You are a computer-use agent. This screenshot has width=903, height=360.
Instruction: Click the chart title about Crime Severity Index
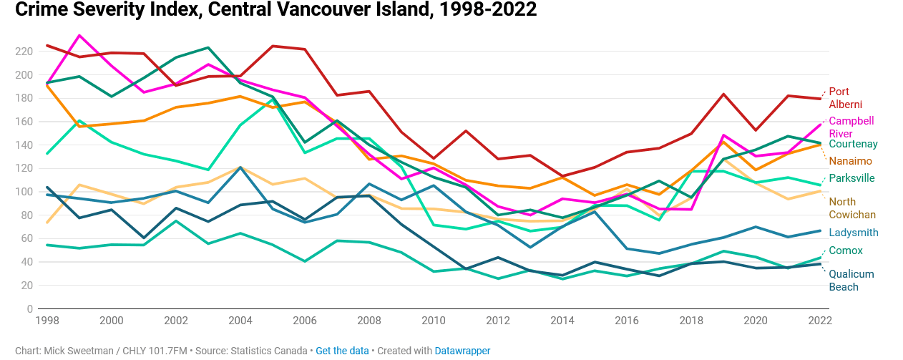pos(275,10)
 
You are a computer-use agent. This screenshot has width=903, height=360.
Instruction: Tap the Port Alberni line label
pos(845,98)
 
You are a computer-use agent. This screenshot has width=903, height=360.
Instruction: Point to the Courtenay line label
pos(853,144)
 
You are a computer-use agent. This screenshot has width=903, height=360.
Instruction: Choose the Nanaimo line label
pos(850,161)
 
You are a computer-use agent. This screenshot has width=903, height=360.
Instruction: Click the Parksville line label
pos(851,178)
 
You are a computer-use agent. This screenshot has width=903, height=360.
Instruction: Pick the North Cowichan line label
pos(852,208)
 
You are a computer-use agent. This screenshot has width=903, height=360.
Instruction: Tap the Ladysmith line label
pos(854,233)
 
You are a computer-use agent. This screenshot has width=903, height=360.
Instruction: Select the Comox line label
pos(846,250)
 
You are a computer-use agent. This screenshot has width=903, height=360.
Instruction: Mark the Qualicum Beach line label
pos(851,281)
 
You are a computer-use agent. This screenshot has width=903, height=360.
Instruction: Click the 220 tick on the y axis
pos(24,52)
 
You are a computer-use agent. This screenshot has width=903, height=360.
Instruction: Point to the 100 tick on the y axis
pos(24,192)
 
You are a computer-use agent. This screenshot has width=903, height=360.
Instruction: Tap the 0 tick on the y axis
pos(29,308)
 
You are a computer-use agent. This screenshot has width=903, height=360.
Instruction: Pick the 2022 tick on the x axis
pos(819,321)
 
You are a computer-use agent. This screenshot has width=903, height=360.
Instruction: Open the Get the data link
pos(342,351)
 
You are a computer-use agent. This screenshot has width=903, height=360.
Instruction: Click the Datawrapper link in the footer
pos(462,351)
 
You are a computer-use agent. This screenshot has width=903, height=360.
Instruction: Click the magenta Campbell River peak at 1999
pos(79,35)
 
